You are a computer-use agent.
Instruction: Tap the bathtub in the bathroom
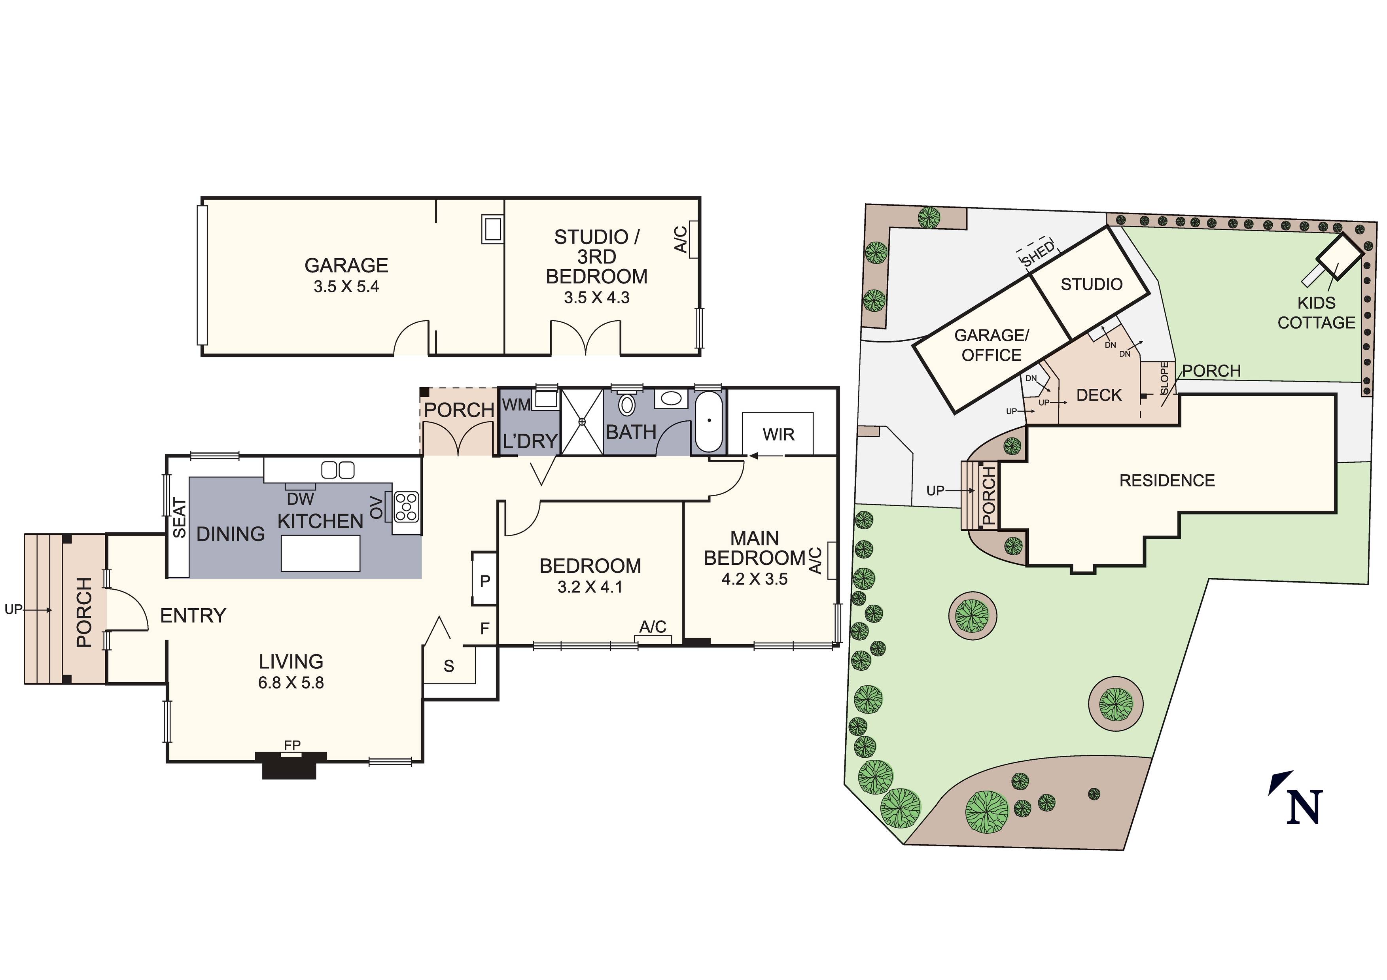[709, 421]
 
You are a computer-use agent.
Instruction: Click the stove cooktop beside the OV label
[406, 506]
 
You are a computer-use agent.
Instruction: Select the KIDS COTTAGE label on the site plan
[1316, 312]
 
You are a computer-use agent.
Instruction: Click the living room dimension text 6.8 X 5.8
[291, 683]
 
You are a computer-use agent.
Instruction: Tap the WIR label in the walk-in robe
[778, 434]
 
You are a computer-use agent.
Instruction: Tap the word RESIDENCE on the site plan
[1166, 481]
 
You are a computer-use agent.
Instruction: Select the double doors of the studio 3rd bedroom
[585, 339]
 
